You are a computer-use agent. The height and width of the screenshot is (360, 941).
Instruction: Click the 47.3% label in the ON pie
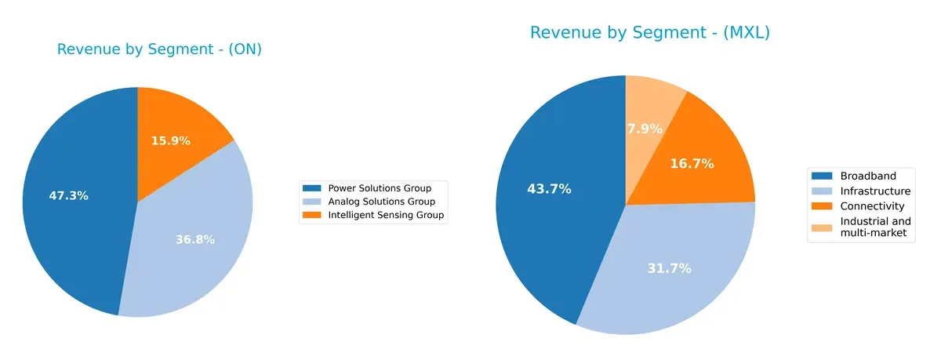68,196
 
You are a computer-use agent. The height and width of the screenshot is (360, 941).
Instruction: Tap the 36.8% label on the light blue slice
195,239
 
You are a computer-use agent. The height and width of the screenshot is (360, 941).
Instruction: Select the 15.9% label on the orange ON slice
170,141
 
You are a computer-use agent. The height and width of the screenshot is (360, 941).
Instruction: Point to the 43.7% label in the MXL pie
549,189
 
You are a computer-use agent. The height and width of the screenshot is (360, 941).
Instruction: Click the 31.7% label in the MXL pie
669,268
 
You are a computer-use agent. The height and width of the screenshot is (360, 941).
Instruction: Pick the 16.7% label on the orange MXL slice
692,164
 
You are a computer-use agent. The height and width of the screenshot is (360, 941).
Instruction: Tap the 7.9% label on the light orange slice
645,129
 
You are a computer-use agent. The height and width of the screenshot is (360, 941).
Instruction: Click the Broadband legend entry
867,176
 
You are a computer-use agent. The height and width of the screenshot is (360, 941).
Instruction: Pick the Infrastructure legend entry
875,191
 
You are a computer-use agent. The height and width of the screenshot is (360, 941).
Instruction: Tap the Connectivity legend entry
872,206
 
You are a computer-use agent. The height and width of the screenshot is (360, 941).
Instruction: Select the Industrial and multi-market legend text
875,227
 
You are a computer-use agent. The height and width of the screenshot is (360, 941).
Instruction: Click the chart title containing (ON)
159,49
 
